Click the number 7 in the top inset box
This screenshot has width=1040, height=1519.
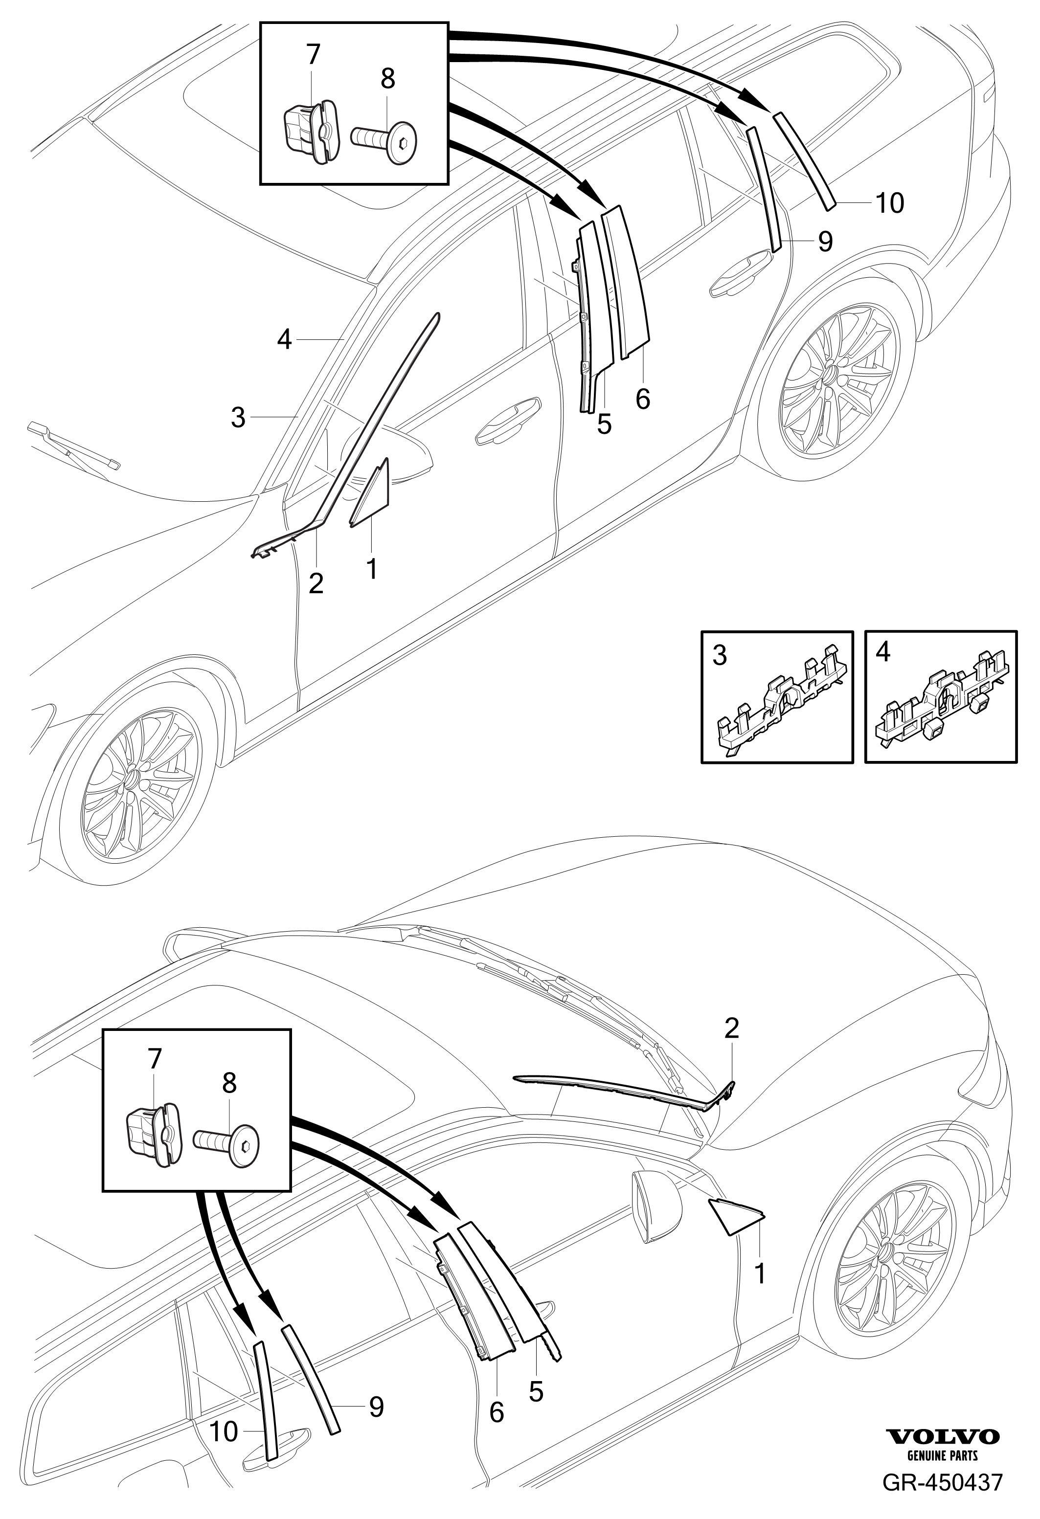tap(313, 54)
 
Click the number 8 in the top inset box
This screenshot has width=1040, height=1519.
tap(387, 79)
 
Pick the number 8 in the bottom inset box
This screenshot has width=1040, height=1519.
tap(229, 1084)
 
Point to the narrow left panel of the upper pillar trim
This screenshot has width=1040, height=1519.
tap(588, 314)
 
